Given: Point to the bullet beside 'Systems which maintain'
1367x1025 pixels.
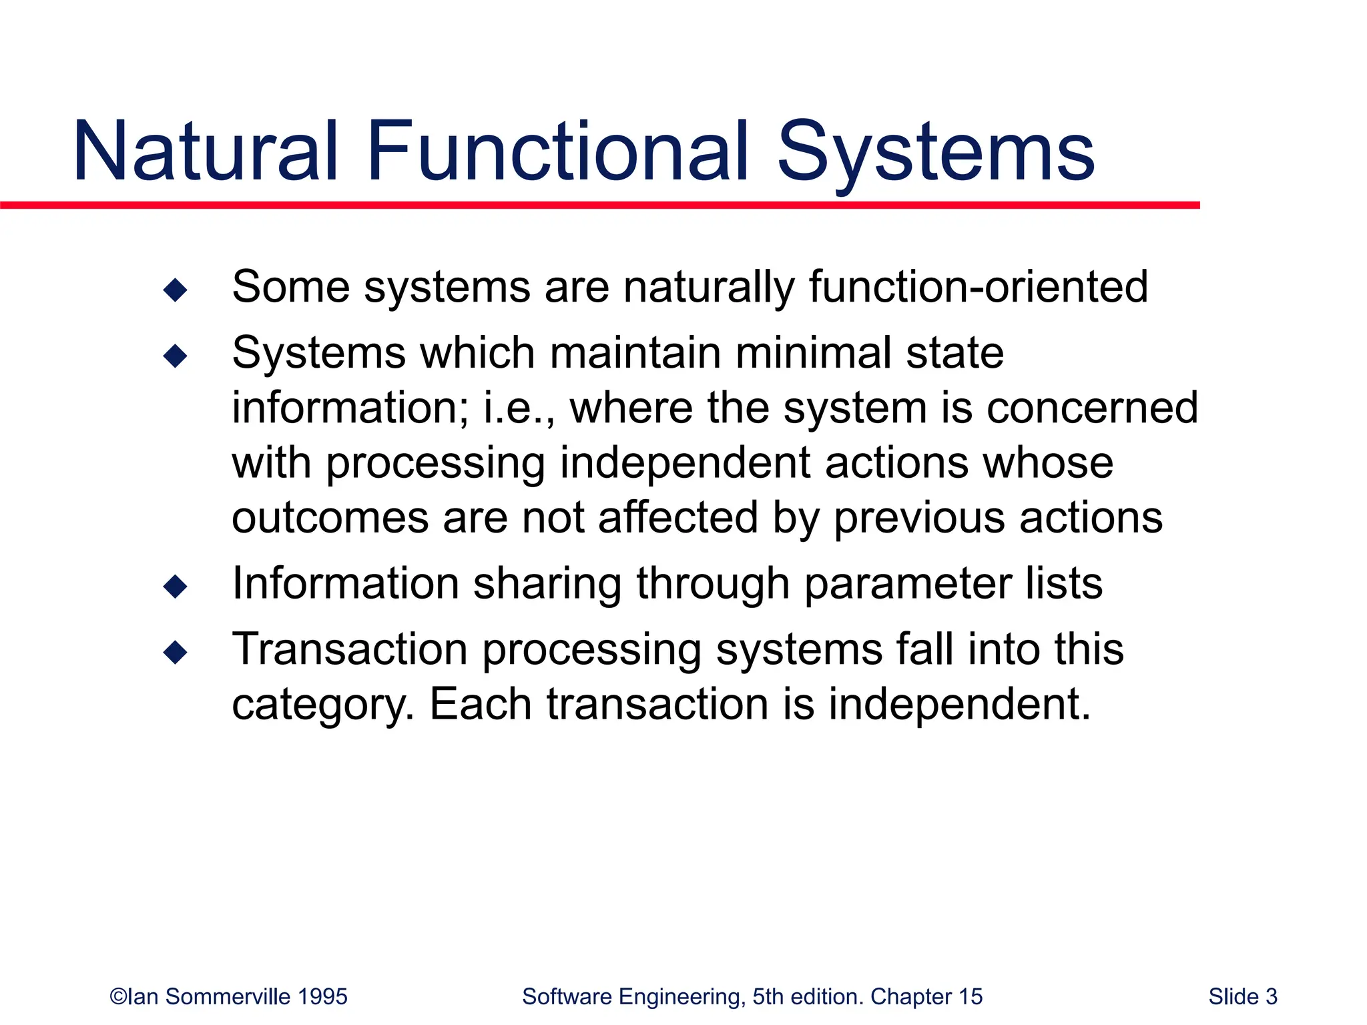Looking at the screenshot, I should [175, 356].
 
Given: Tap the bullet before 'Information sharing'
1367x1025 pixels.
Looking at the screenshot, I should [175, 587].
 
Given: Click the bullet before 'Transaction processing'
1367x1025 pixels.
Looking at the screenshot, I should [175, 652].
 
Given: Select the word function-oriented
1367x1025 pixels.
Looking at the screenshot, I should [978, 287].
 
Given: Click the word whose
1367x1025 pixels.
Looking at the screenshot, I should [1048, 462].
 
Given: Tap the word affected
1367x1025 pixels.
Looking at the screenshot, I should [677, 517].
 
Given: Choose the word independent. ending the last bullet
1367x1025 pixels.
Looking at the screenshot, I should [959, 704].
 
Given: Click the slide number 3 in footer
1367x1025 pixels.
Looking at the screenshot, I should [1271, 996].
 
